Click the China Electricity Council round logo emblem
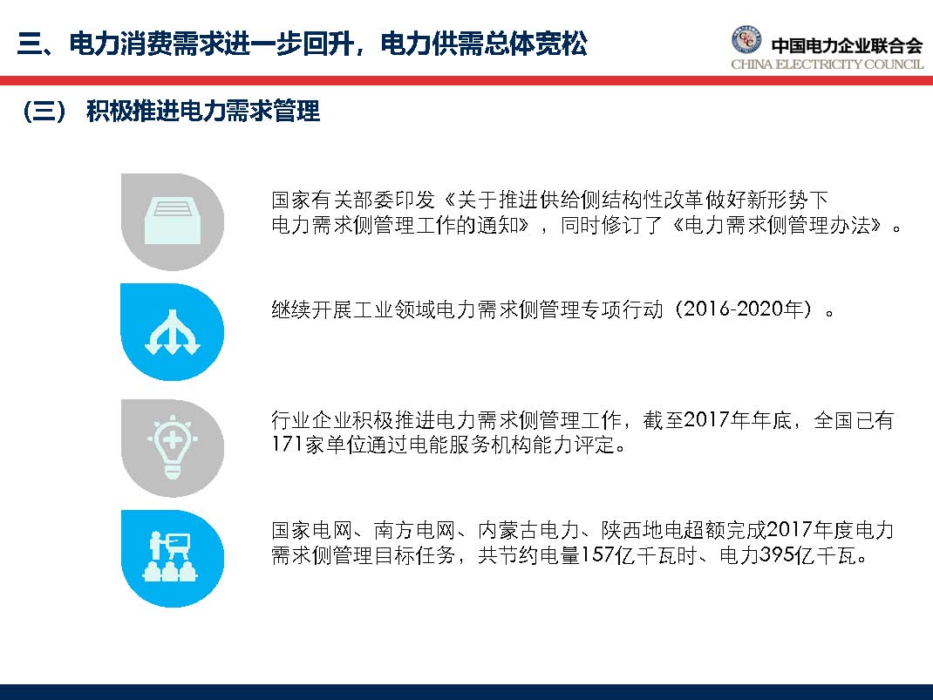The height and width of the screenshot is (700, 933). pos(746,41)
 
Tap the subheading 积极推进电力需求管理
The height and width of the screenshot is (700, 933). pos(203,112)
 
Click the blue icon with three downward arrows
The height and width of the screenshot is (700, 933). pos(173,333)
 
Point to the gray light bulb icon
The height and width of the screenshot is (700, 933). pos(173,446)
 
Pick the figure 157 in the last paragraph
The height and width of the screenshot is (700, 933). pos(597,555)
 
